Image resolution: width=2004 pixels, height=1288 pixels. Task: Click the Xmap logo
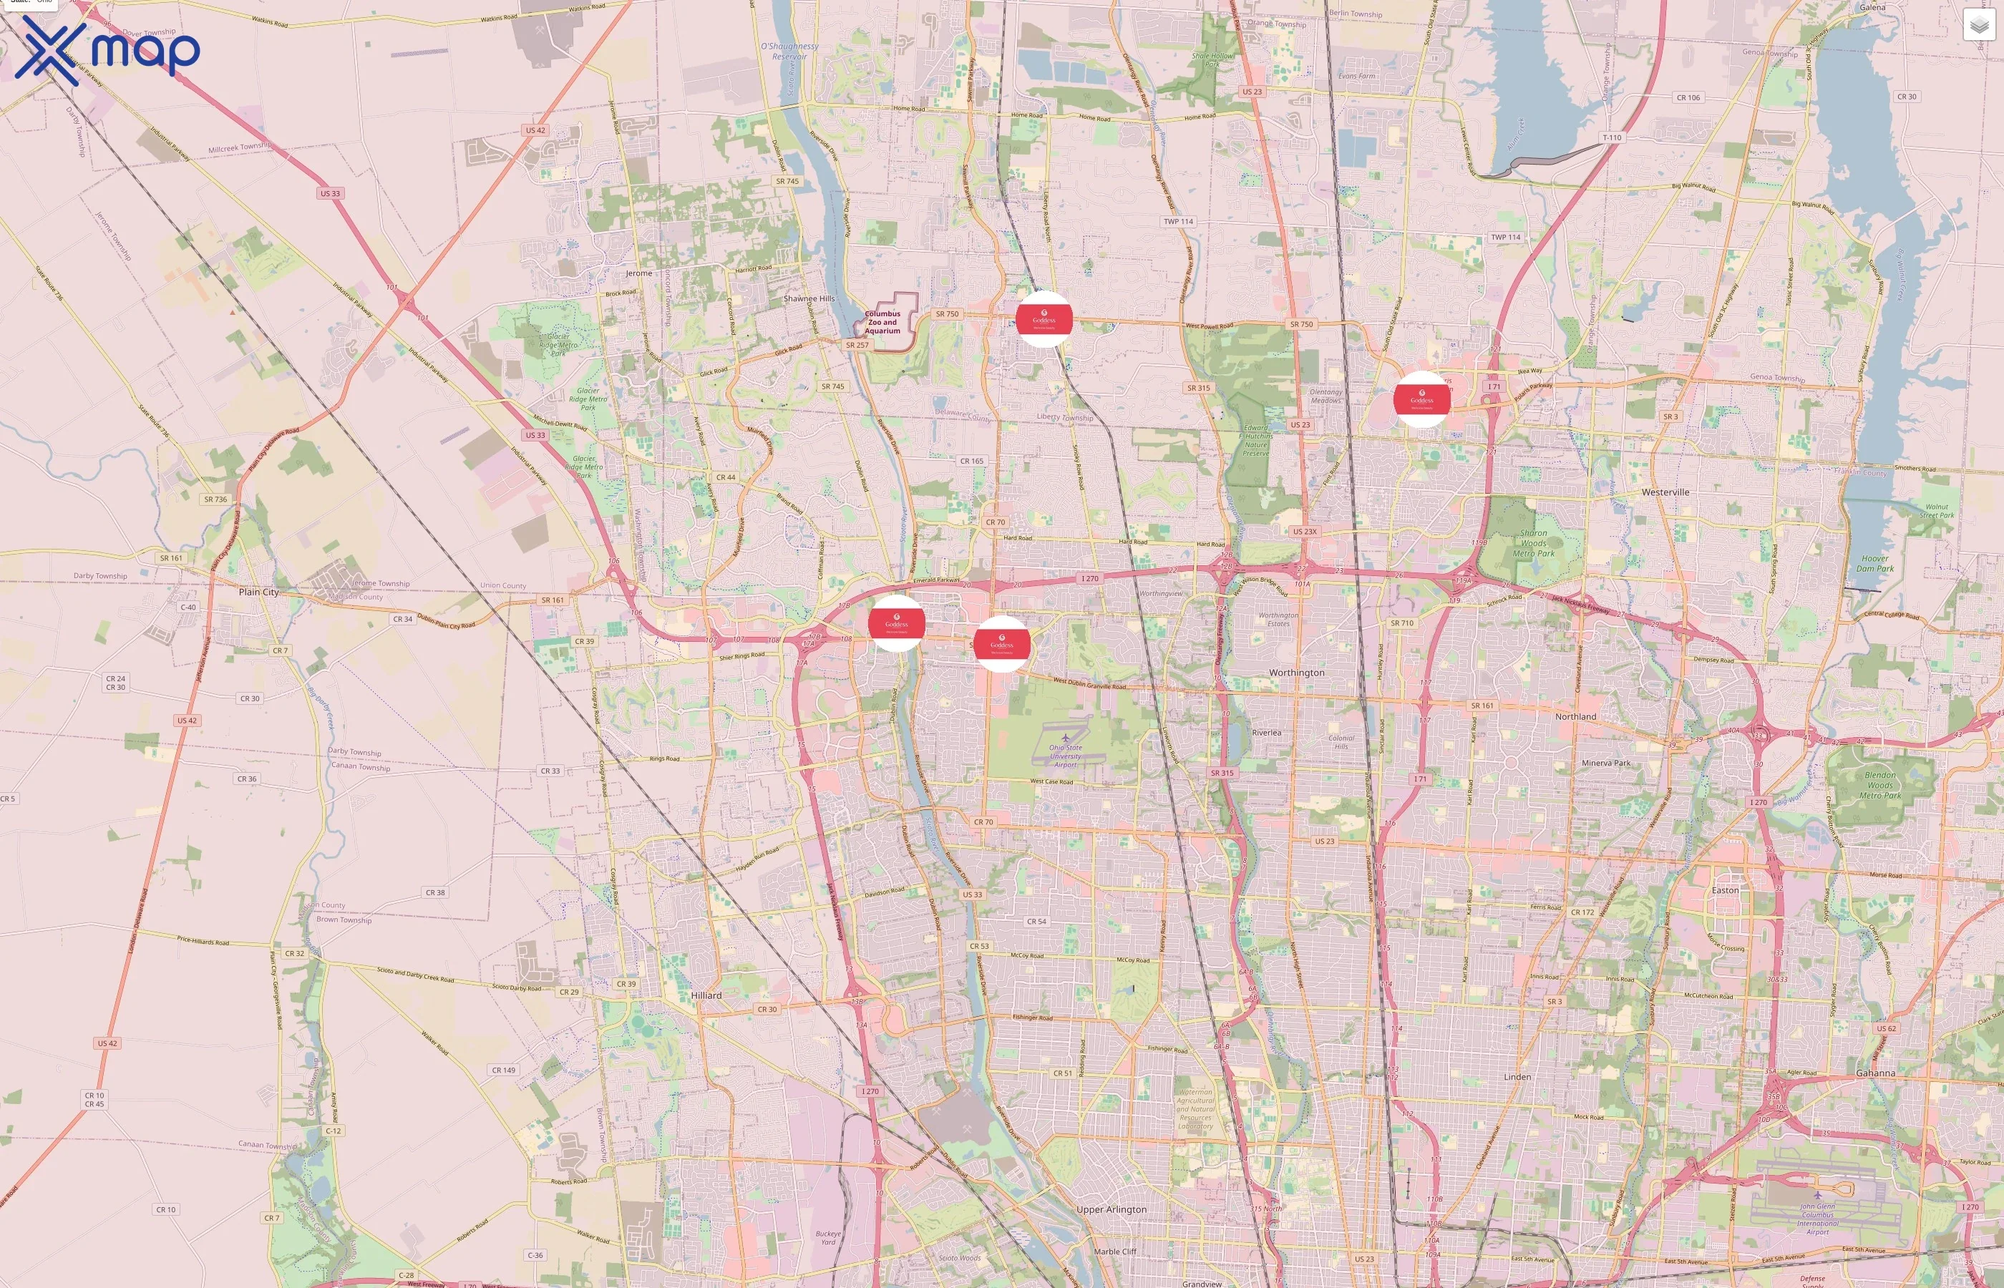[x=107, y=50]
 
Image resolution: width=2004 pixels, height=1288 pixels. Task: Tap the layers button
[x=1978, y=25]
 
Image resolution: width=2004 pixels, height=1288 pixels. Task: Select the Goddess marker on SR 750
[x=1043, y=319]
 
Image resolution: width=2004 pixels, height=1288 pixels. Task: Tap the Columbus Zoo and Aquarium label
[x=882, y=322]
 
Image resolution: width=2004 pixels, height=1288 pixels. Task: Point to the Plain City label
[x=258, y=592]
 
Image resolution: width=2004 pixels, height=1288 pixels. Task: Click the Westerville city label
[x=1665, y=492]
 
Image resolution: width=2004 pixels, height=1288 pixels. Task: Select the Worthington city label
[x=1296, y=673]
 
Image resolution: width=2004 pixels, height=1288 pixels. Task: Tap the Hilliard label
[x=706, y=995]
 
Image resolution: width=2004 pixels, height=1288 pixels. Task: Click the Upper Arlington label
[x=1111, y=1209]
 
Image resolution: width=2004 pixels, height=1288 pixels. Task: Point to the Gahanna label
[x=1875, y=1073]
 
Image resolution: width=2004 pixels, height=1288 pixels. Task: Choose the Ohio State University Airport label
[x=1065, y=756]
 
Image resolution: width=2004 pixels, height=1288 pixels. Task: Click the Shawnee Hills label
[x=808, y=298]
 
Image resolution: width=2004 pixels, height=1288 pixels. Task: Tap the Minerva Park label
[x=1605, y=763]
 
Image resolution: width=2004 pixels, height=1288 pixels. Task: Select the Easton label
[x=1725, y=890]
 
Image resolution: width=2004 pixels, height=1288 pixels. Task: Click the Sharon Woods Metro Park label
[x=1533, y=543]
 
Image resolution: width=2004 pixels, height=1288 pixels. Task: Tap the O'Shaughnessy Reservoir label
[x=789, y=51]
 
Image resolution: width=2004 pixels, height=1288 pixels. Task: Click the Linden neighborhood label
[x=1517, y=1076]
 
